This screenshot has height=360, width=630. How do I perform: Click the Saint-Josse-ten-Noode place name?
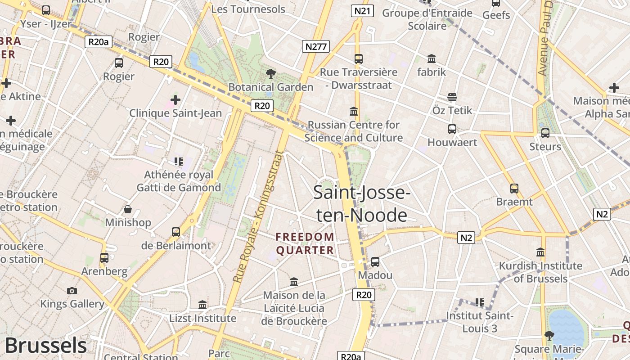click(361, 204)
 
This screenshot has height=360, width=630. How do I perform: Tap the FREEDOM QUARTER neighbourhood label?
click(305, 243)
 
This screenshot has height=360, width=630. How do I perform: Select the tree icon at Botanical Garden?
click(271, 73)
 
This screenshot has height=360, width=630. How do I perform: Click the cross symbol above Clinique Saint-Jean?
click(175, 99)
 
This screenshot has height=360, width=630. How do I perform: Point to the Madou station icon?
click(375, 261)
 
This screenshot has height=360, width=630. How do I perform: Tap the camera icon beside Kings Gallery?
click(72, 291)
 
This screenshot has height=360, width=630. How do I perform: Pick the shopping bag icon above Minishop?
click(128, 209)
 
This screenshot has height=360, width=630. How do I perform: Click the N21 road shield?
click(362, 11)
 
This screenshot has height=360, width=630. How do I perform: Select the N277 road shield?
click(316, 46)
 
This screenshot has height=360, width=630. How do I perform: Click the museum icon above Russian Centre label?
click(354, 111)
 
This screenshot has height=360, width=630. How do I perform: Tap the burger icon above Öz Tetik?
click(452, 97)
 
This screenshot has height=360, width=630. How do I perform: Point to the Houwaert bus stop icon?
click(452, 129)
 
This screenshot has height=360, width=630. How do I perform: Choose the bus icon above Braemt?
click(514, 189)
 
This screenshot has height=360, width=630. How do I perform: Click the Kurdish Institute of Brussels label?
click(540, 272)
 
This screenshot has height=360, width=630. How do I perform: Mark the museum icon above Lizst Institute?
click(202, 305)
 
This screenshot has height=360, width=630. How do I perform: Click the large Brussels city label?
click(45, 346)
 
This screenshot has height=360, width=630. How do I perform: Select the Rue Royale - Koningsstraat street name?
click(258, 216)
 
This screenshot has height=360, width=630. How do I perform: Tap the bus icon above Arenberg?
click(104, 258)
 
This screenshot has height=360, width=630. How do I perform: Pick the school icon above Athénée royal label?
click(178, 161)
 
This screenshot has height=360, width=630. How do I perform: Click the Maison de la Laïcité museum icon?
click(294, 282)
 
